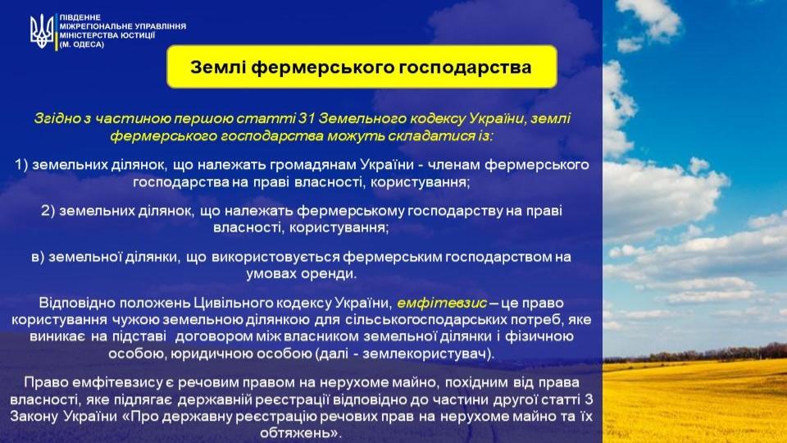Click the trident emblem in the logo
pyautogui.click(x=42, y=31)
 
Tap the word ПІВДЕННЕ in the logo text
pyautogui.click(x=80, y=17)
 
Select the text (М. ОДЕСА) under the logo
pyautogui.click(x=82, y=44)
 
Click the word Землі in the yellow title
pyautogui.click(x=218, y=66)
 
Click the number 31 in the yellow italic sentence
pyautogui.click(x=306, y=118)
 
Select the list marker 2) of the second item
pyautogui.click(x=48, y=211)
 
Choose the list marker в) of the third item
pyautogui.click(x=39, y=257)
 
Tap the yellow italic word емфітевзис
pyautogui.click(x=442, y=303)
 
